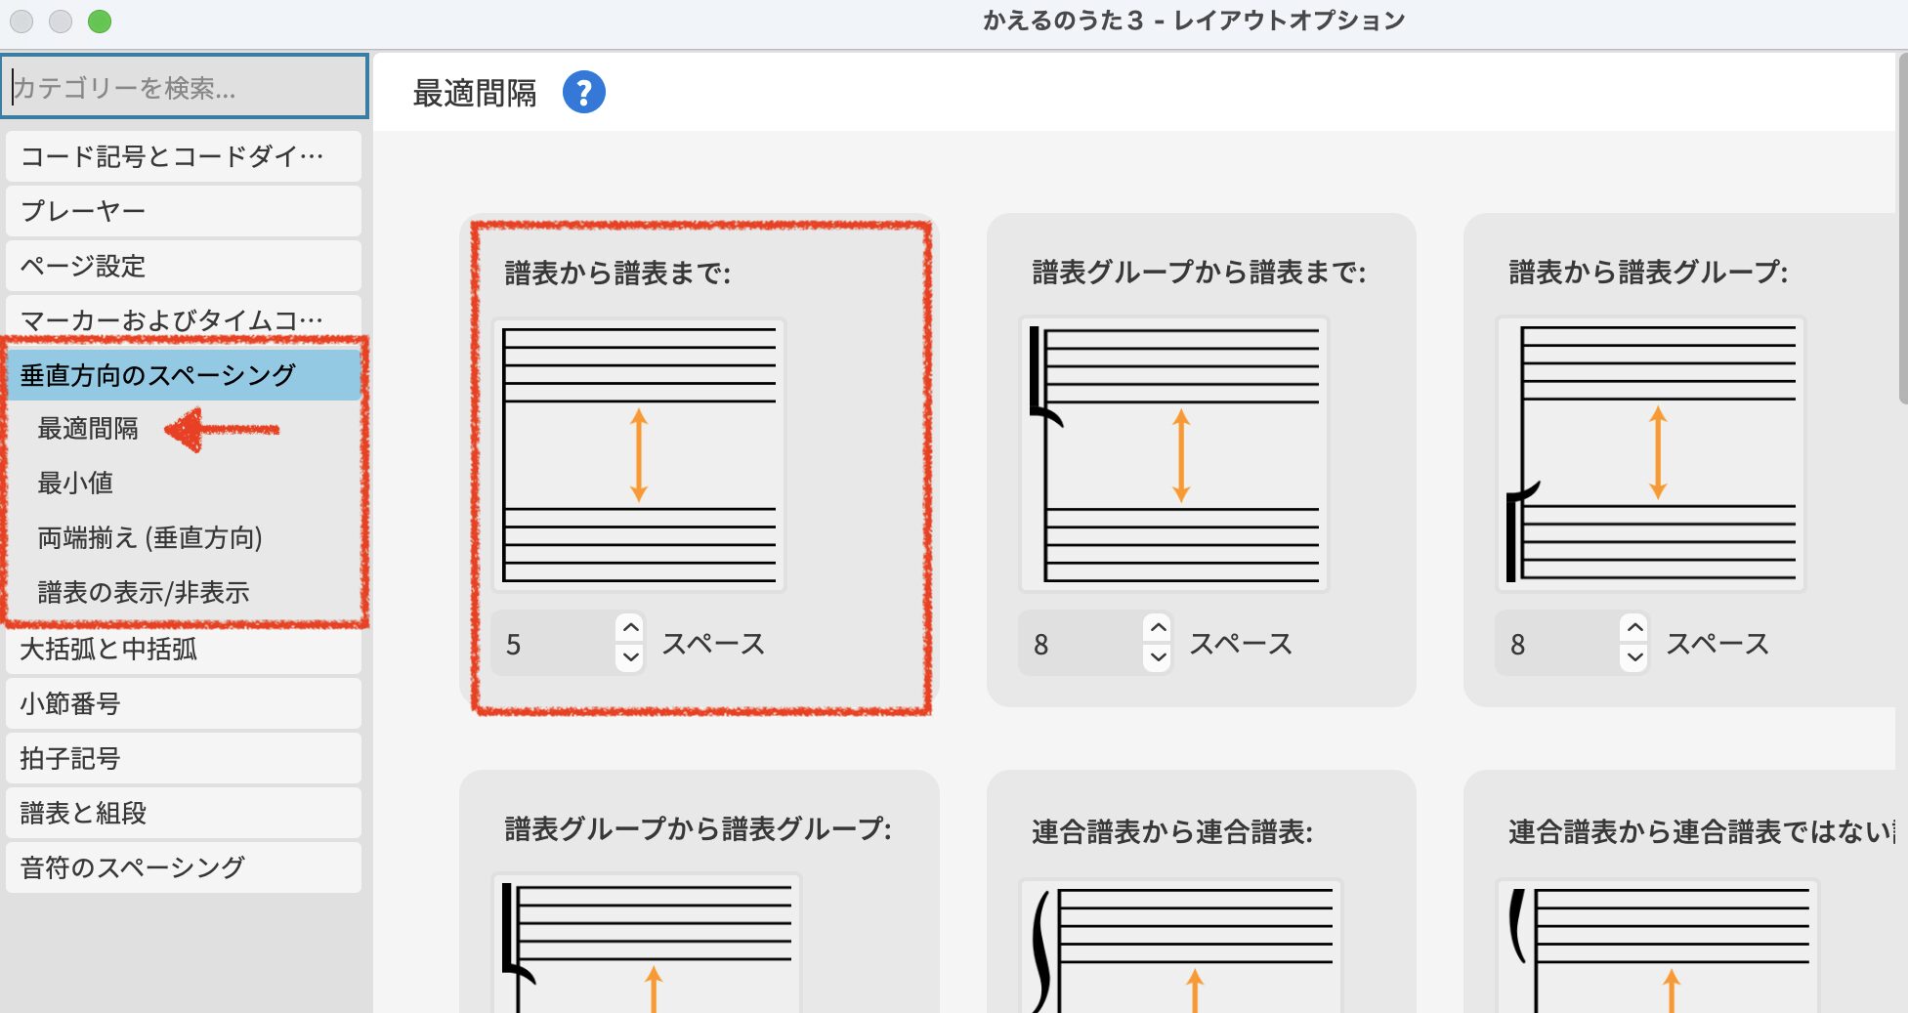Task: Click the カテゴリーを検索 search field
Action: [185, 87]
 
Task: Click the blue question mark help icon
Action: [584, 93]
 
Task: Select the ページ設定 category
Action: [184, 266]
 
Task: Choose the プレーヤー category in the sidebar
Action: [184, 211]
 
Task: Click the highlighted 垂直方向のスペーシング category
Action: [184, 375]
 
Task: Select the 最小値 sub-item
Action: [75, 483]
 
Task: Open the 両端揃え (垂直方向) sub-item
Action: [149, 537]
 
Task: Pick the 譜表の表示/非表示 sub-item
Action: [144, 592]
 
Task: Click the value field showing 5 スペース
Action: [553, 644]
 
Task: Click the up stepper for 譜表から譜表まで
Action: [631, 628]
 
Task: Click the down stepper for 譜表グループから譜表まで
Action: [1159, 657]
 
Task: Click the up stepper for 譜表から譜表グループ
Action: [1635, 628]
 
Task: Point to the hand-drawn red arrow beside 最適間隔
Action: [222, 430]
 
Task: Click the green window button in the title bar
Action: [100, 21]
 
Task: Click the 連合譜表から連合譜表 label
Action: [1172, 831]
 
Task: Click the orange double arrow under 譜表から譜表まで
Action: [639, 455]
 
